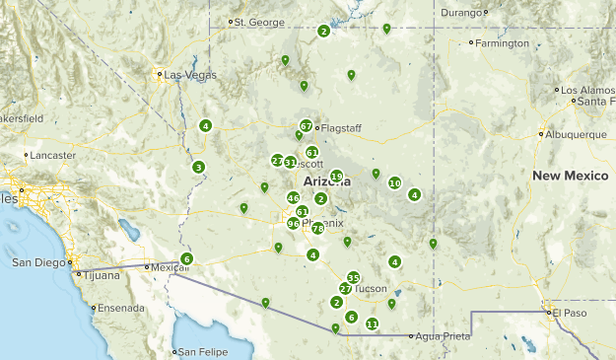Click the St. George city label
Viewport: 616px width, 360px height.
pyautogui.click(x=259, y=21)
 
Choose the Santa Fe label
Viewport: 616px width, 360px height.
pyautogui.click(x=597, y=102)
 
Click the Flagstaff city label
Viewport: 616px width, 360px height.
pyautogui.click(x=339, y=126)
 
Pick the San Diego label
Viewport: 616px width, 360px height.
pyautogui.click(x=41, y=262)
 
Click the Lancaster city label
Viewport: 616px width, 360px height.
pyautogui.click(x=53, y=155)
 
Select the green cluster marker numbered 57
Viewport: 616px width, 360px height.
pyautogui.click(x=307, y=126)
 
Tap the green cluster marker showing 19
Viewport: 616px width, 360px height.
pyautogui.click(x=336, y=177)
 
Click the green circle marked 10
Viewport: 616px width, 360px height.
pyautogui.click(x=394, y=182)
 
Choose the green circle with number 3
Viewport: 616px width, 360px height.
pyautogui.click(x=198, y=167)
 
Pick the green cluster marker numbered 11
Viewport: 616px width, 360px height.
pyautogui.click(x=372, y=324)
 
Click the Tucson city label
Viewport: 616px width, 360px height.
pyautogui.click(x=372, y=288)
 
